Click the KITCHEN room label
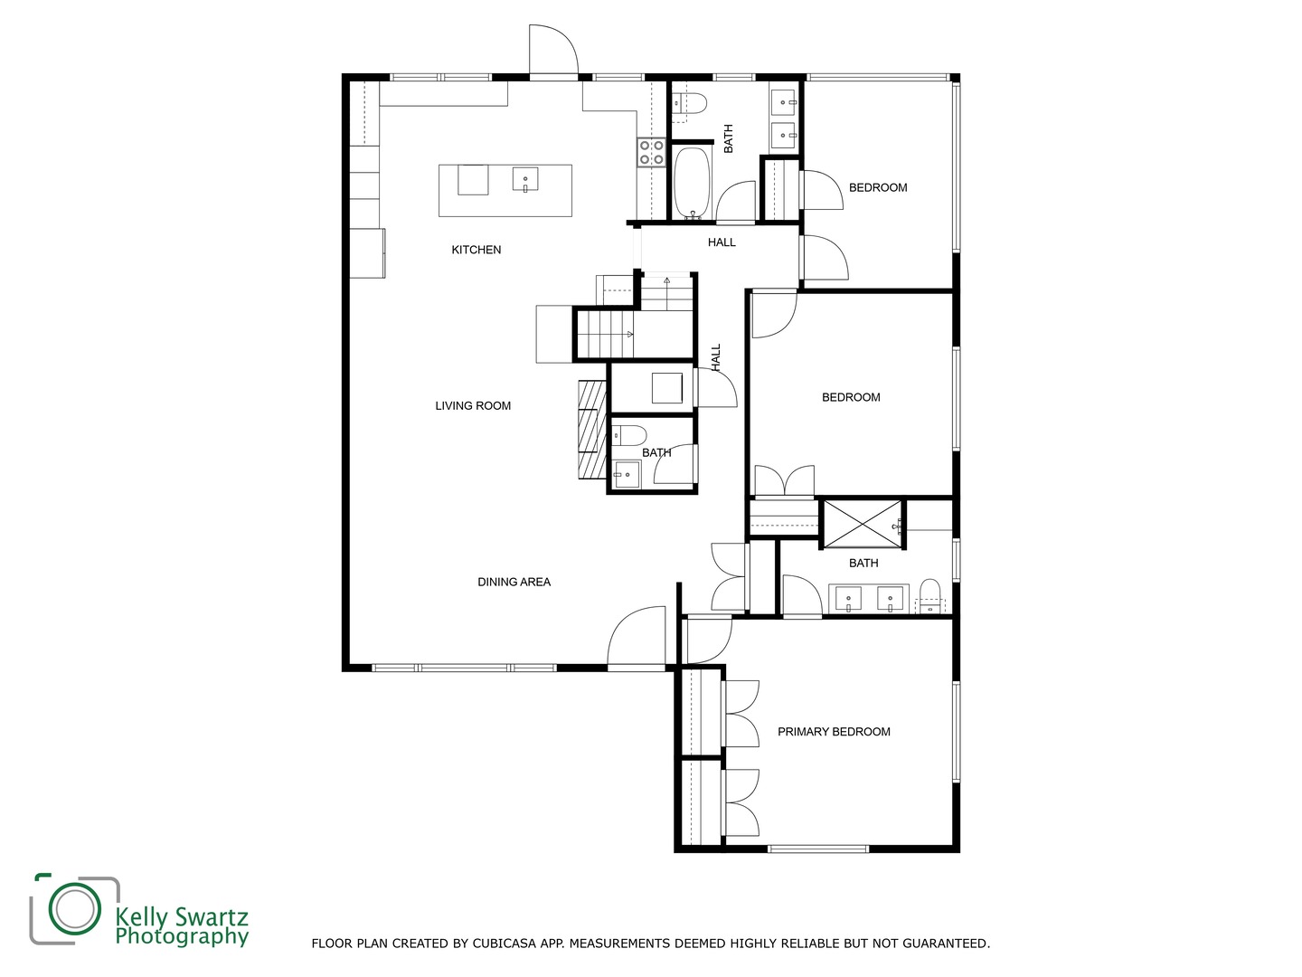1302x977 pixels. coord(476,250)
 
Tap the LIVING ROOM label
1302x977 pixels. coord(473,406)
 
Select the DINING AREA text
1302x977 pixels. coord(514,582)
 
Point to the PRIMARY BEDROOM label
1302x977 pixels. coord(834,732)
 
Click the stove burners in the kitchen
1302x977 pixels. coord(651,152)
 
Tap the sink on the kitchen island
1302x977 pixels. coord(525,180)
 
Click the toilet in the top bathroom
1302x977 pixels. coord(689,104)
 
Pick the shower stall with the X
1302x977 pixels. coord(862,523)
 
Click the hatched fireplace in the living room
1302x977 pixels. coord(592,430)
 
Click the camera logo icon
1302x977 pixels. coord(74,908)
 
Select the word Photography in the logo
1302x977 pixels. coord(181,936)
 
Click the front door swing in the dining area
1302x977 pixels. coord(637,638)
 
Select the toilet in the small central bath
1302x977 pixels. coord(629,434)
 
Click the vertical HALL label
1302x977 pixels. coord(716,356)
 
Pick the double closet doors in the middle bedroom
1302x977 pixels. coord(784,481)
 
